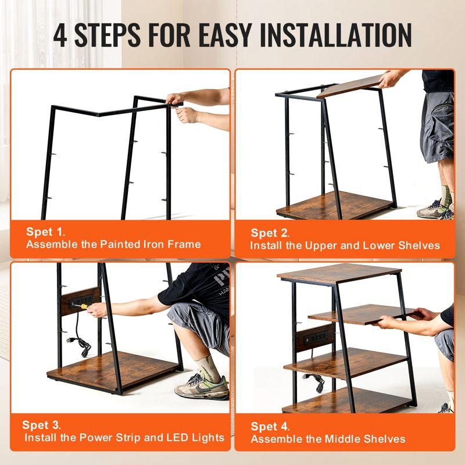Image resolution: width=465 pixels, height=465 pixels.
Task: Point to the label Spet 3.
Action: (x=42, y=425)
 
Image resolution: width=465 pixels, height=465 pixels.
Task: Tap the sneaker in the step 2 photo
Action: (x=433, y=209)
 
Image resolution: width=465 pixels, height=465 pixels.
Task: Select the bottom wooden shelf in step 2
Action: (x=334, y=205)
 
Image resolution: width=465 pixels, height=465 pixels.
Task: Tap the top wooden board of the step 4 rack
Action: (x=339, y=272)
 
